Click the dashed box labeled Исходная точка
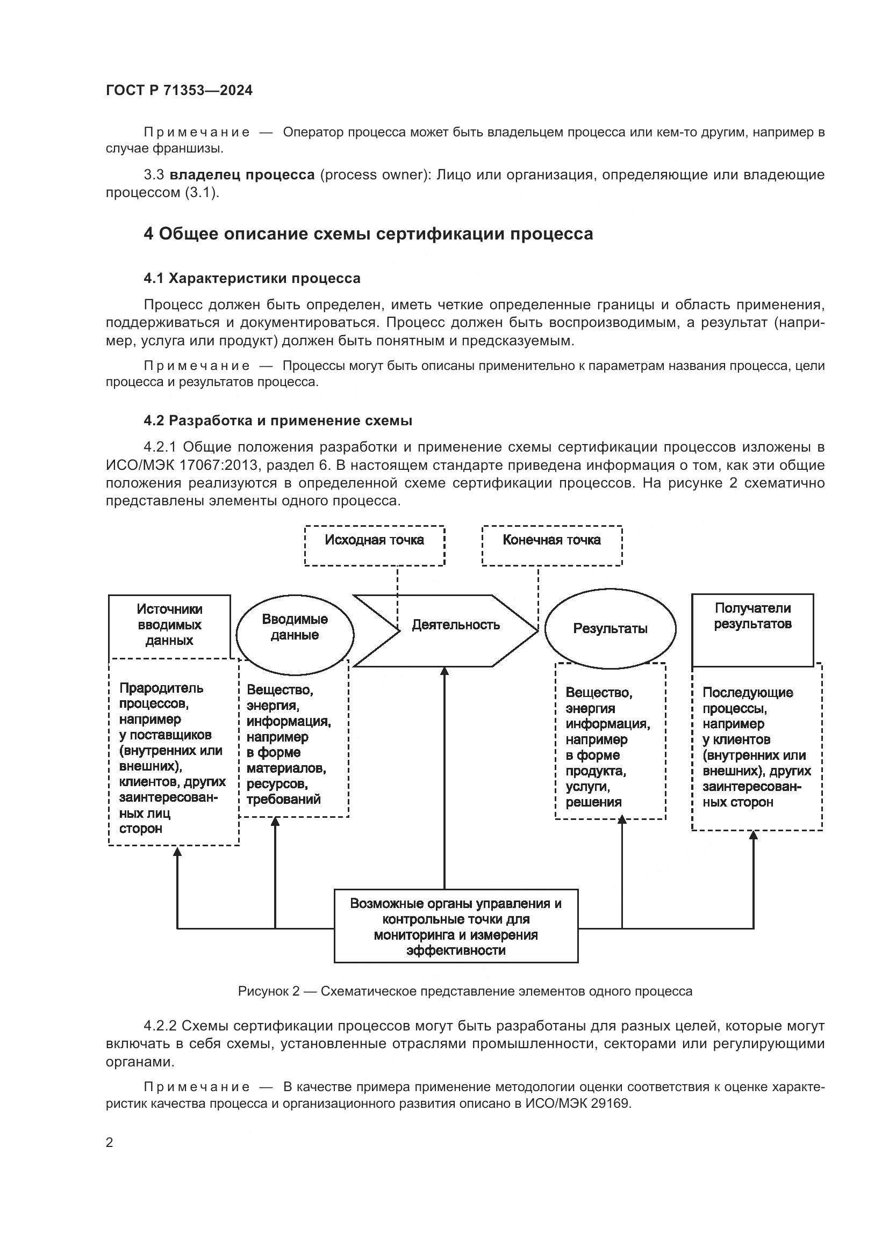[375, 546]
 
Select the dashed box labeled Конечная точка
[552, 546]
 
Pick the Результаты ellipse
[610, 629]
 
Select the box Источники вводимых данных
[169, 625]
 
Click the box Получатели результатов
[752, 629]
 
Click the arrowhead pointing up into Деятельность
[444, 672]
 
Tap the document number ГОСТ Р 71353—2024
[179, 91]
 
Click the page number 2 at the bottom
[110, 1143]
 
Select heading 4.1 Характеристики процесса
[252, 279]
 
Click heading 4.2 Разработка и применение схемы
[277, 420]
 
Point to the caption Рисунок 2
[465, 991]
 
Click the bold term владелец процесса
[242, 175]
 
